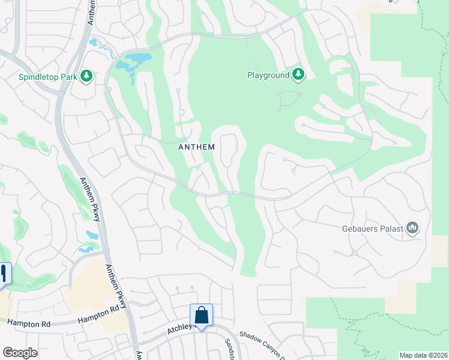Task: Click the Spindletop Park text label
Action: (48, 77)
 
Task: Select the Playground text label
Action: (268, 76)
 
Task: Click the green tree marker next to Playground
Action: (298, 75)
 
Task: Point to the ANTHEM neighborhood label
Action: (197, 146)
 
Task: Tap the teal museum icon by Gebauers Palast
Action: (412, 228)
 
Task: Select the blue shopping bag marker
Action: (201, 315)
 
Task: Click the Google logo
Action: (20, 353)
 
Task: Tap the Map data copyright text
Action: (423, 355)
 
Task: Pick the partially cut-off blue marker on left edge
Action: (5, 273)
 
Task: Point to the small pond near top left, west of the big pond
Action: (94, 43)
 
